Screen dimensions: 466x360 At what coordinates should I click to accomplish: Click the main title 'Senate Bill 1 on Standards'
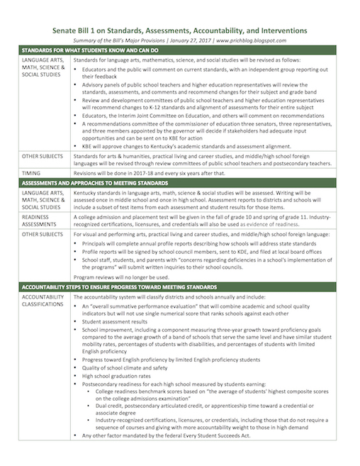[179, 30]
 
